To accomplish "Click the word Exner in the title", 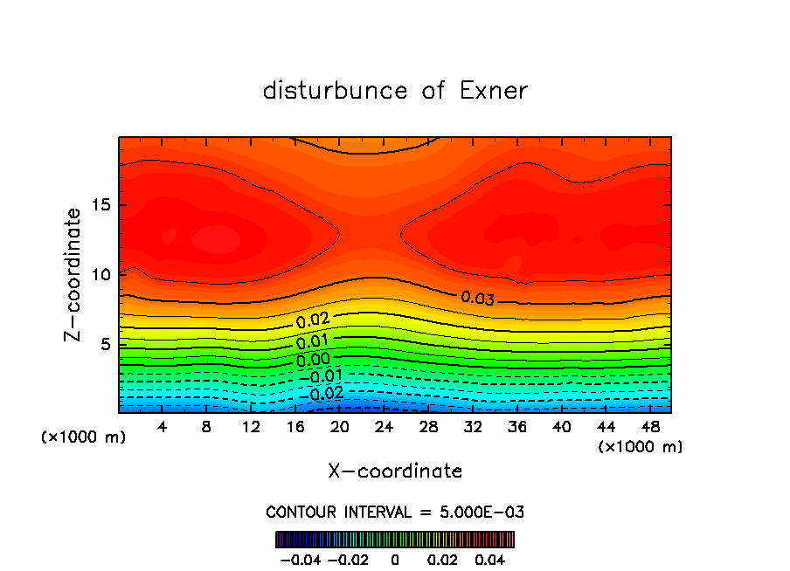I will coord(494,91).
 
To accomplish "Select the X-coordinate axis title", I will coord(395,471).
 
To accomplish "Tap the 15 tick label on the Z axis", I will coord(101,205).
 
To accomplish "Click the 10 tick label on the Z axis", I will coord(101,274).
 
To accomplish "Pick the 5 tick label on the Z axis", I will coord(106,344).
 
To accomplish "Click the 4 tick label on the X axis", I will coord(163,427).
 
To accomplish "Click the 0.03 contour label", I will coord(478,299).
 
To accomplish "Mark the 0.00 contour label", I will coord(312,359).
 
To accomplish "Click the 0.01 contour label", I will coord(312,341).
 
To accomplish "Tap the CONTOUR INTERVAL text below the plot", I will coord(395,512).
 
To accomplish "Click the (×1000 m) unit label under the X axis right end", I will coord(640,447).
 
